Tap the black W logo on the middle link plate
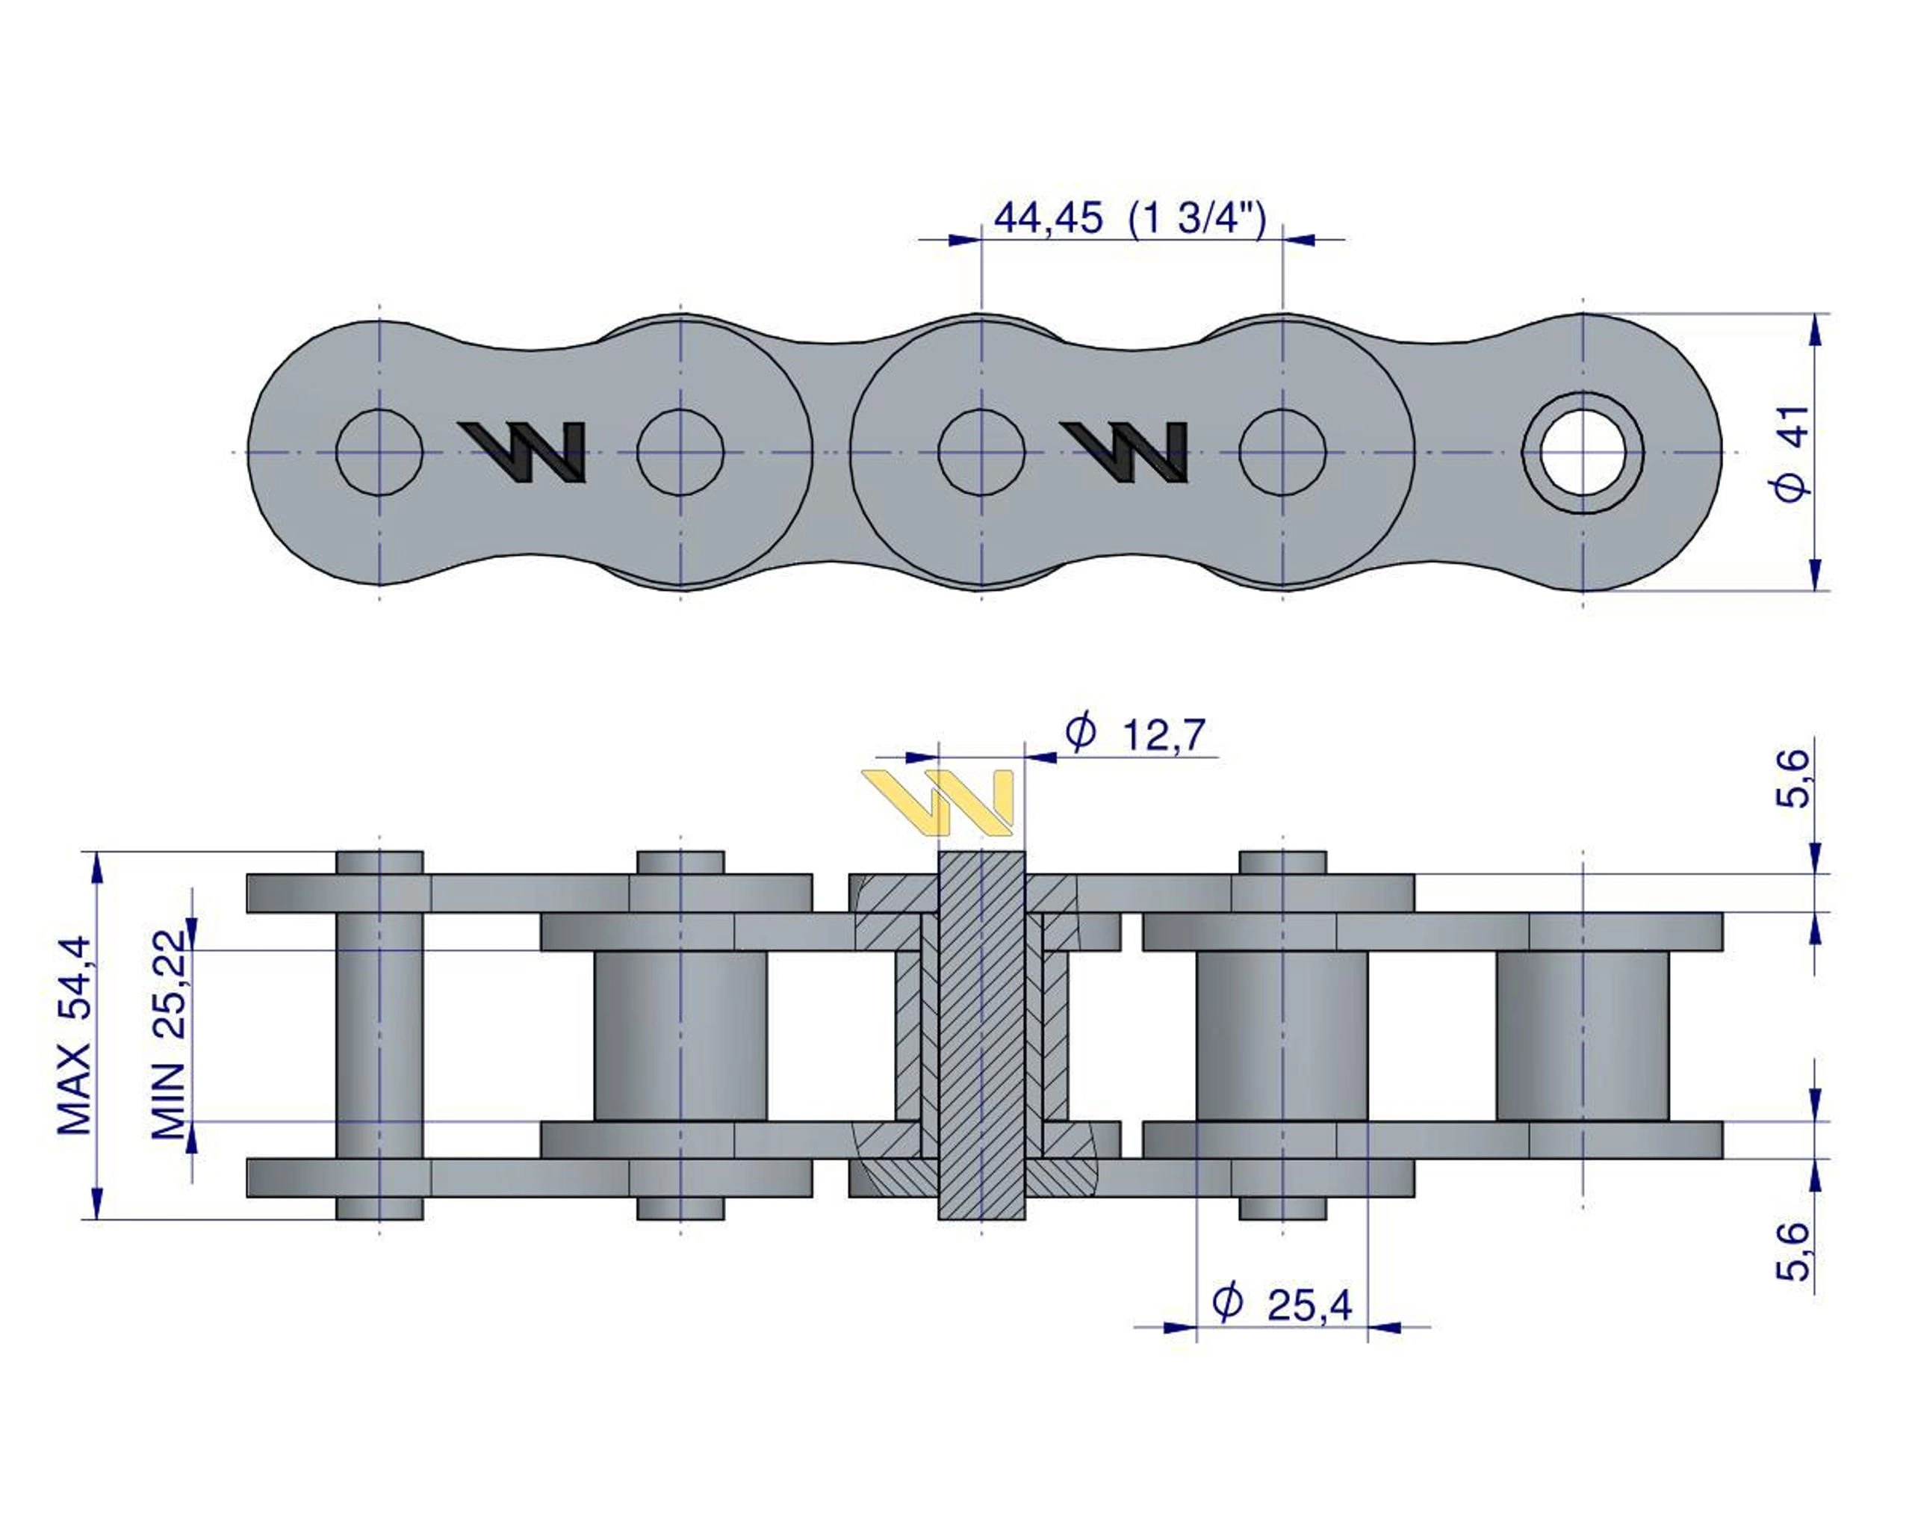click(1126, 451)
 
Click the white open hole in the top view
click(1583, 452)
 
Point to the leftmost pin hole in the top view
click(379, 452)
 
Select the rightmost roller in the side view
click(1582, 1035)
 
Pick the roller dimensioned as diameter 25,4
click(1282, 1035)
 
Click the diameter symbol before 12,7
click(1080, 733)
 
